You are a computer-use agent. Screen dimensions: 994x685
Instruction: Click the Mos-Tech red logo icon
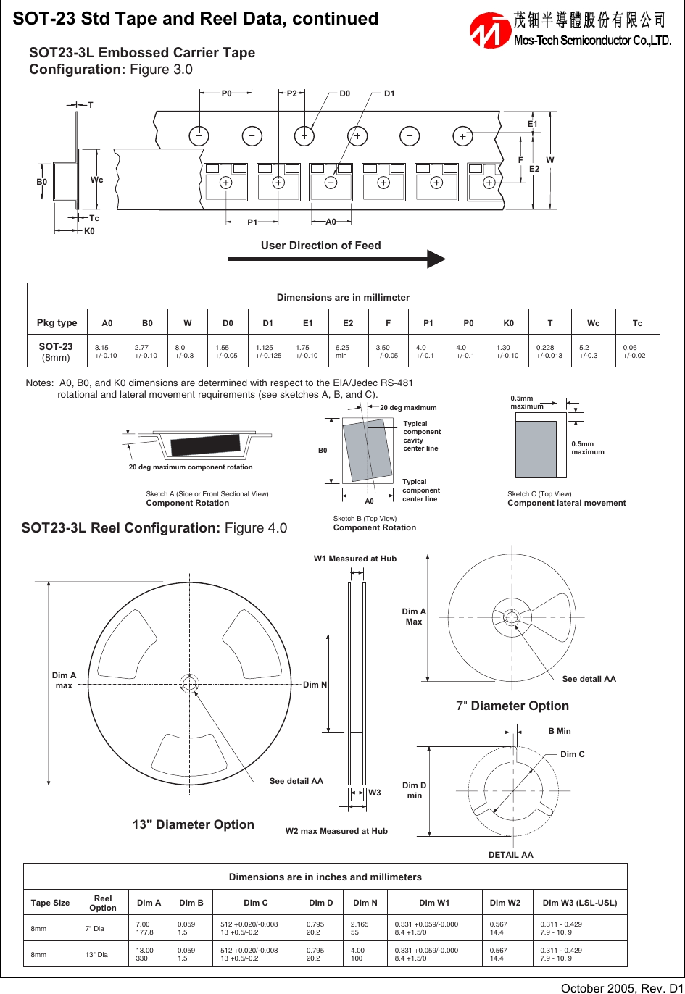pos(490,30)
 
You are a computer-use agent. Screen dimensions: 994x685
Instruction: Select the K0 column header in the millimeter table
pos(508,323)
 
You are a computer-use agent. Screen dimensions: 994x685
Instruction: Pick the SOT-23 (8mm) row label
pos(56,351)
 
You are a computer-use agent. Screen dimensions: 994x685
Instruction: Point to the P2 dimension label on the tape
pos(291,93)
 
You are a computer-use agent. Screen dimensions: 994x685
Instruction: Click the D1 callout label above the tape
pos(389,93)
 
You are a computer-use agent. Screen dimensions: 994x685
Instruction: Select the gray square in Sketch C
pos(536,449)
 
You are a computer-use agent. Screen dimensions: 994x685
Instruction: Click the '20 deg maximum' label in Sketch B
pos(408,408)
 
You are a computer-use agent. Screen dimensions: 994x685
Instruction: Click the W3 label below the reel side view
pos(374,793)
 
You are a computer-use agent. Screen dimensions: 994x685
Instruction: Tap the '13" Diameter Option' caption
pos(193,824)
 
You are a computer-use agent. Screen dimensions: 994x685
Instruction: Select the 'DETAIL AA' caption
pos(510,855)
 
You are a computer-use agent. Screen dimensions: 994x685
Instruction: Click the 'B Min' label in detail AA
pos(559,731)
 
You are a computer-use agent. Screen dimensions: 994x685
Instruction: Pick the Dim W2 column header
pos(505,903)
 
